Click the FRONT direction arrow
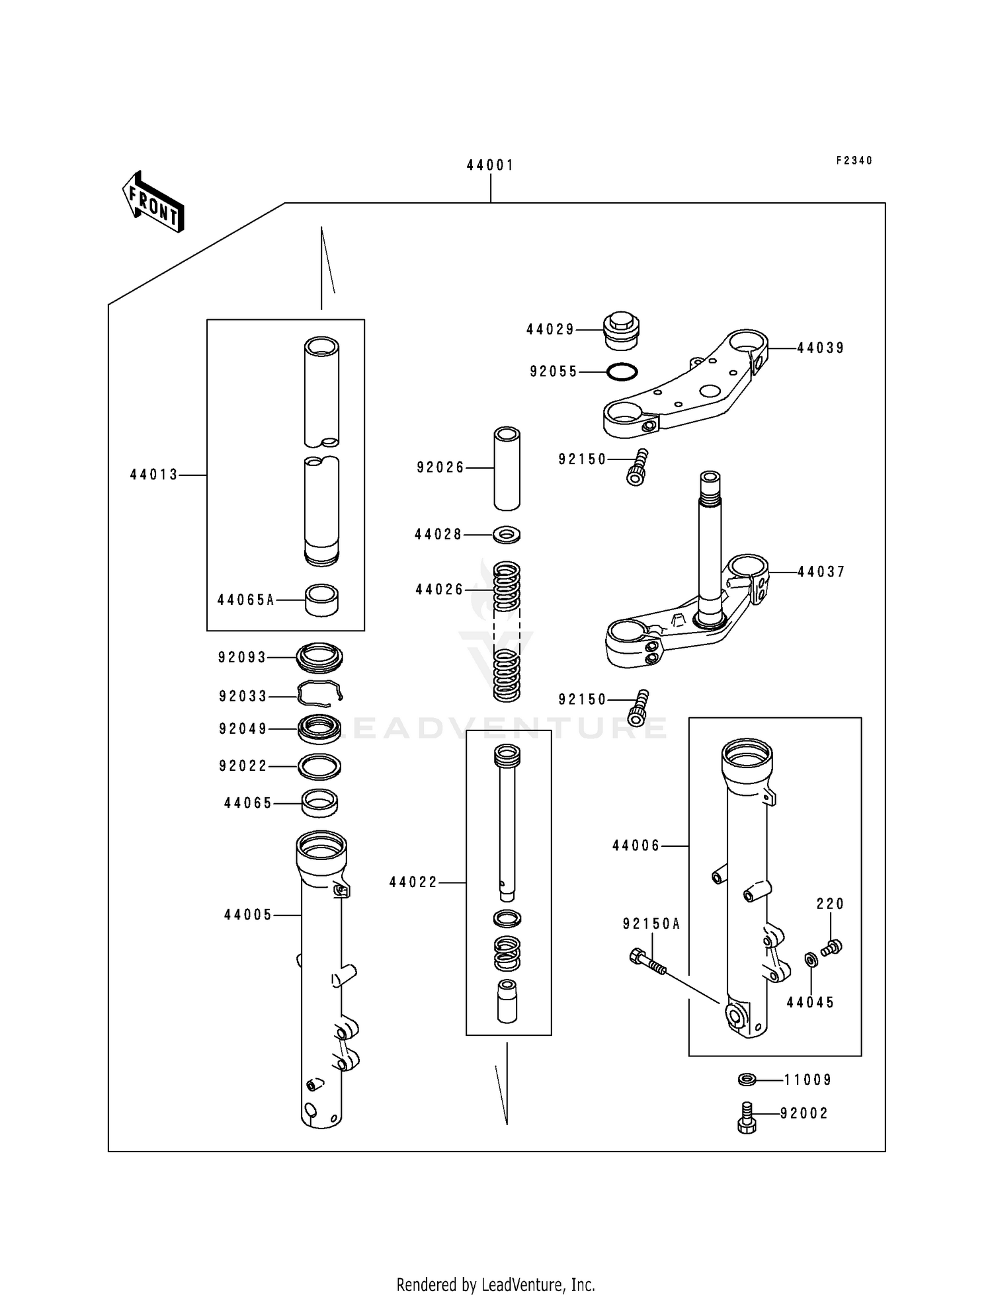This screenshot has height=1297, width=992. [x=153, y=201]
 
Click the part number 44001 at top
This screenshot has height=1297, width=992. [x=490, y=165]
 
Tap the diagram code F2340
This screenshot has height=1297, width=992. [x=854, y=161]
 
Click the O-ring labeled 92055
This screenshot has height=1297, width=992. [x=622, y=372]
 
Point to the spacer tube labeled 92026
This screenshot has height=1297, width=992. [x=507, y=468]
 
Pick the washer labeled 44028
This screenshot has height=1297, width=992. [x=507, y=533]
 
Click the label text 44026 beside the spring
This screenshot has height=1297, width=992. [x=439, y=590]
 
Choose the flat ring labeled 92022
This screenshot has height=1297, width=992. [x=320, y=766]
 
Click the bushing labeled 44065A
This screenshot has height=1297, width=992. [x=321, y=600]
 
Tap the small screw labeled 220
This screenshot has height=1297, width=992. [x=832, y=947]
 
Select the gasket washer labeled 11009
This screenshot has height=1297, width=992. [x=747, y=1080]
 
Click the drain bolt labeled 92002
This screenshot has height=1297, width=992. [x=746, y=1117]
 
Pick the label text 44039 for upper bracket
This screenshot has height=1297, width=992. [x=820, y=348]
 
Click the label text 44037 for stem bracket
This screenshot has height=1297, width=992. [x=821, y=572]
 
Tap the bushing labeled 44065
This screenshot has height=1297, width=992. [x=320, y=803]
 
